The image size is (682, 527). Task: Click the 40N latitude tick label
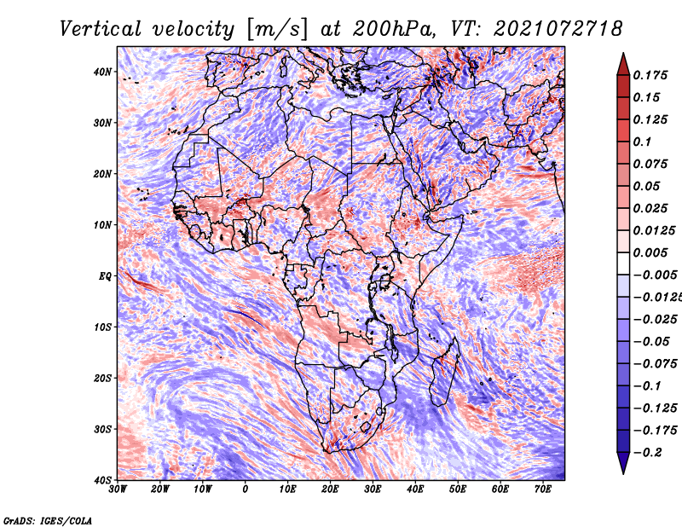(x=102, y=72)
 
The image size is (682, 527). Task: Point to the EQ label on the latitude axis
(x=105, y=276)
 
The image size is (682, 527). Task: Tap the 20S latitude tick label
(x=102, y=378)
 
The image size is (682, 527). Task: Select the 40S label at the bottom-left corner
(x=102, y=480)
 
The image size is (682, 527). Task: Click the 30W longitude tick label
(x=118, y=489)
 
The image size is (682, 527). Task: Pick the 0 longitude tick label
(x=246, y=489)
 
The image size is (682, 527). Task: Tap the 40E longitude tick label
(x=415, y=489)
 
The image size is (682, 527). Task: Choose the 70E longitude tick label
(x=543, y=489)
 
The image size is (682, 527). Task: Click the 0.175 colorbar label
(x=650, y=75)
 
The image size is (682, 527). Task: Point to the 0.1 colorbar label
(x=642, y=142)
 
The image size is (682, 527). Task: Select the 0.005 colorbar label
(x=650, y=252)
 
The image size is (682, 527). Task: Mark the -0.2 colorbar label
(x=647, y=453)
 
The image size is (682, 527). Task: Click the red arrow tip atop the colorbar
(x=623, y=54)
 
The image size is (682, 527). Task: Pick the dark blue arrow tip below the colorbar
(x=623, y=473)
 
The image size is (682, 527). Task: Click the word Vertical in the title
(x=101, y=29)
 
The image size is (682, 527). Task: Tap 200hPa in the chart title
(x=394, y=29)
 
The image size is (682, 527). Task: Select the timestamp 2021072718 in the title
(x=558, y=29)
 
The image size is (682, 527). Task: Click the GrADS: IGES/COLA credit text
(x=48, y=521)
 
